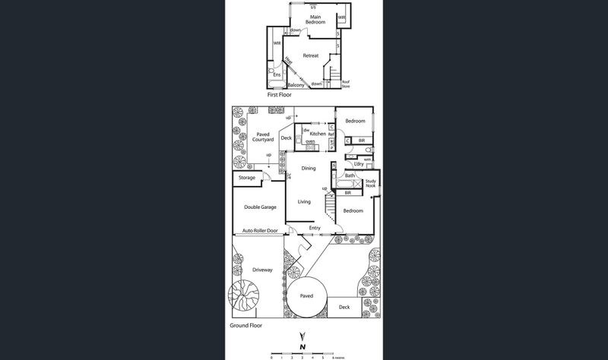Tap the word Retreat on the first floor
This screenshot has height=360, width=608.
pyautogui.click(x=311, y=55)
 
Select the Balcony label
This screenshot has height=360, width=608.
pyautogui.click(x=296, y=85)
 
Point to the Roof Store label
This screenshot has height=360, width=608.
pyautogui.click(x=346, y=84)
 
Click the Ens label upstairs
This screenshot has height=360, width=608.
pyautogui.click(x=277, y=74)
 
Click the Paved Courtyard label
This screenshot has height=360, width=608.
pyautogui.click(x=263, y=137)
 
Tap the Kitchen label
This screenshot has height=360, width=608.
pyautogui.click(x=318, y=134)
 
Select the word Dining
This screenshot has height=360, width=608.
pyautogui.click(x=308, y=168)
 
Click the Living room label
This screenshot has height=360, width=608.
pyautogui.click(x=304, y=201)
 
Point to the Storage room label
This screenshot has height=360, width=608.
pyautogui.click(x=247, y=178)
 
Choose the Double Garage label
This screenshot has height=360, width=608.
pyautogui.click(x=260, y=207)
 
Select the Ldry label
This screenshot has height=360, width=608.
pyautogui.click(x=359, y=164)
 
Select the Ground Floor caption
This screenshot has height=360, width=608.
pyautogui.click(x=246, y=325)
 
